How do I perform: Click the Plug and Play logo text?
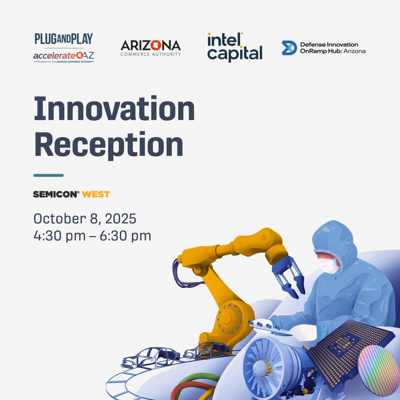point(63,39)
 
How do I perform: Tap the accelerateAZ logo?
point(63,56)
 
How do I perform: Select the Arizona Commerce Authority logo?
point(150,48)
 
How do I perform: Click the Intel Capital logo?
point(234,47)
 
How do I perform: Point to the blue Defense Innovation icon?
point(289,48)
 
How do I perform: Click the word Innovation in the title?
point(114,109)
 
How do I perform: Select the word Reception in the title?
point(108,144)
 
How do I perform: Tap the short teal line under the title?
point(48,175)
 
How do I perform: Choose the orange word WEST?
point(96,194)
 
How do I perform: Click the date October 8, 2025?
point(84,218)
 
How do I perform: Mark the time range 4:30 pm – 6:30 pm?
point(92,235)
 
